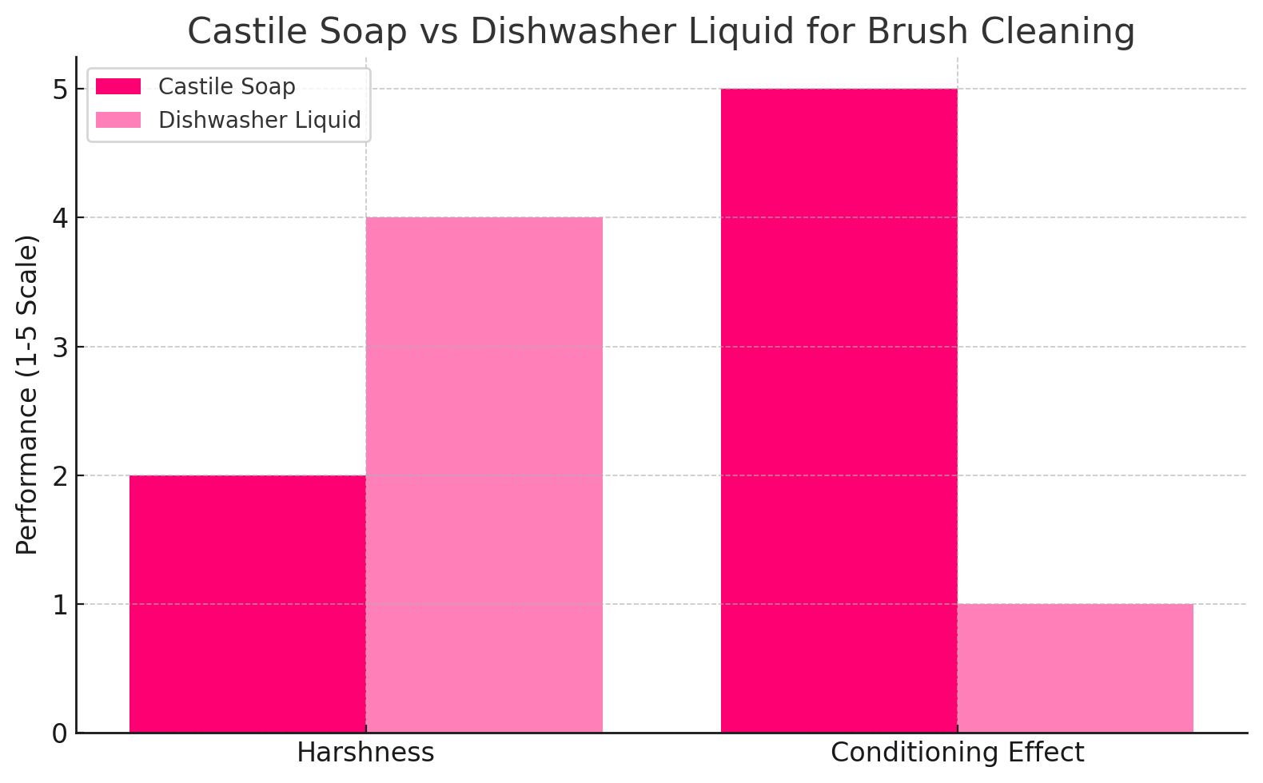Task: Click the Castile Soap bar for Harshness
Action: [x=247, y=604]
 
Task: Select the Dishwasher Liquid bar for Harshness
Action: [x=484, y=475]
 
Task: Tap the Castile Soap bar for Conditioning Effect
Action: [x=839, y=411]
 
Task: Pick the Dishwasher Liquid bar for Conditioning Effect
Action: [x=1075, y=668]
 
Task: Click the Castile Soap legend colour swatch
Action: [x=118, y=86]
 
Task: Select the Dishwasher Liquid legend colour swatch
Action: [x=118, y=120]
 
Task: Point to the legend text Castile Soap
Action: [x=227, y=86]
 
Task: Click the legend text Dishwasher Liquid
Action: [x=260, y=120]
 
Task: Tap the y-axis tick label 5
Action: [x=60, y=89]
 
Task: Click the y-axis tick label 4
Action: [x=60, y=217]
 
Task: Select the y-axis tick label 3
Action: [x=60, y=347]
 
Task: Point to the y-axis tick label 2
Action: [x=60, y=475]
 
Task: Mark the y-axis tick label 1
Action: [x=60, y=604]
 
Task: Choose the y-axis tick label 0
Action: [x=60, y=733]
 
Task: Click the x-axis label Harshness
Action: [x=365, y=753]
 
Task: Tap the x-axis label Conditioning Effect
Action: [x=957, y=753]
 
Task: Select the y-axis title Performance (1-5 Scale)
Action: [x=26, y=395]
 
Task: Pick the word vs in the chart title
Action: [x=438, y=32]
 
